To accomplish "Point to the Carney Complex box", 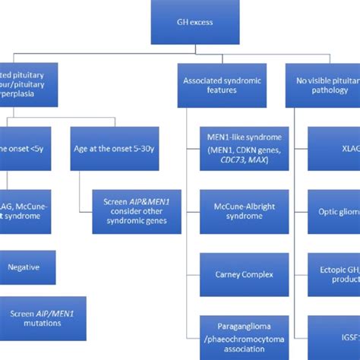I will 243,274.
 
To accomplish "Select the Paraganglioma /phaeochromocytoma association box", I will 243,336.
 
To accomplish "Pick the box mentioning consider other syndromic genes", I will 134,211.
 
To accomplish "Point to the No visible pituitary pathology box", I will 323,84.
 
